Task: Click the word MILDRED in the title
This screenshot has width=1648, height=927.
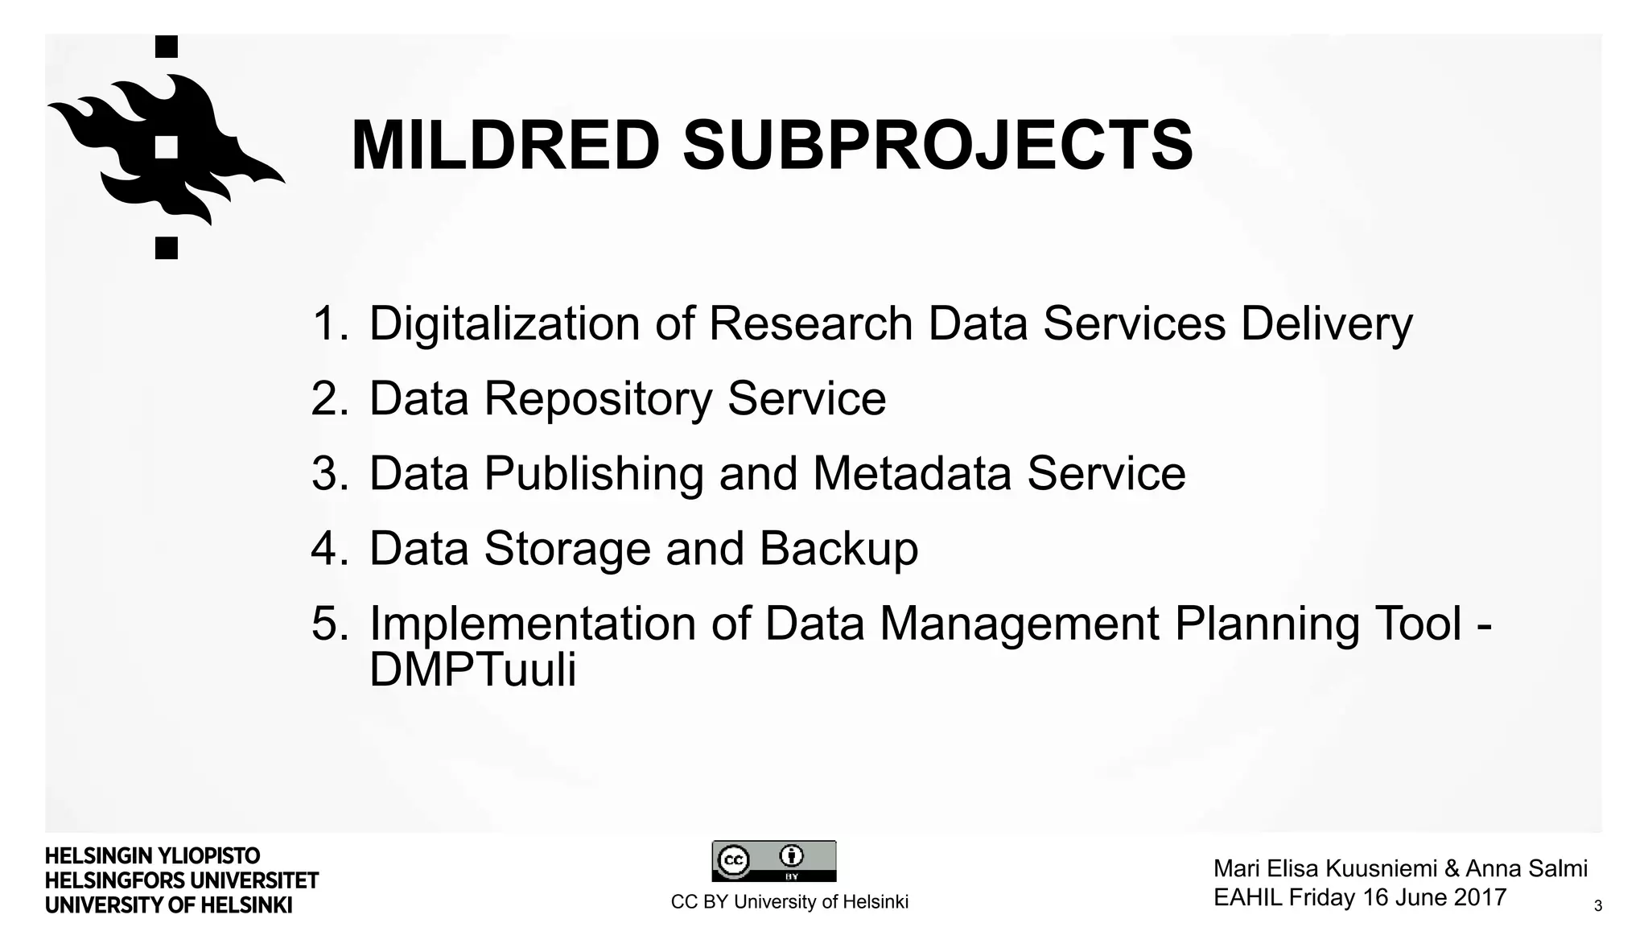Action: (x=505, y=146)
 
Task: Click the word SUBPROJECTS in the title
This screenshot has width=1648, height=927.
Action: (x=937, y=146)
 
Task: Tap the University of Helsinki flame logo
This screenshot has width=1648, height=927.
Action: (x=167, y=147)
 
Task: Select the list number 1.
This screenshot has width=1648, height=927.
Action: (x=328, y=323)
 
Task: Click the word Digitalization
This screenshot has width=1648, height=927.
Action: (x=504, y=323)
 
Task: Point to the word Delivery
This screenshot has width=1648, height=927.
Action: (x=1326, y=323)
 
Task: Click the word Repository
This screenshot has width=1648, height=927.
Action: (x=598, y=398)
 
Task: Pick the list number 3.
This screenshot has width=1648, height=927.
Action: (x=328, y=473)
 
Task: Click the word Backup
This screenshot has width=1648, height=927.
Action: (x=838, y=549)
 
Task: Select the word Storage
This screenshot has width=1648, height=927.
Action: (x=566, y=549)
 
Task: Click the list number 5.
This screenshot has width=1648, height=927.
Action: (x=328, y=624)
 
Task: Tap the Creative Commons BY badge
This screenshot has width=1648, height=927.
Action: (x=773, y=861)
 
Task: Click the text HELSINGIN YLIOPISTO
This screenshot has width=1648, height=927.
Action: (x=152, y=856)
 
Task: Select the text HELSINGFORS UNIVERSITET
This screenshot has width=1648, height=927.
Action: (x=182, y=880)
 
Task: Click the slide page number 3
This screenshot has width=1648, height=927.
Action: (x=1597, y=907)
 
